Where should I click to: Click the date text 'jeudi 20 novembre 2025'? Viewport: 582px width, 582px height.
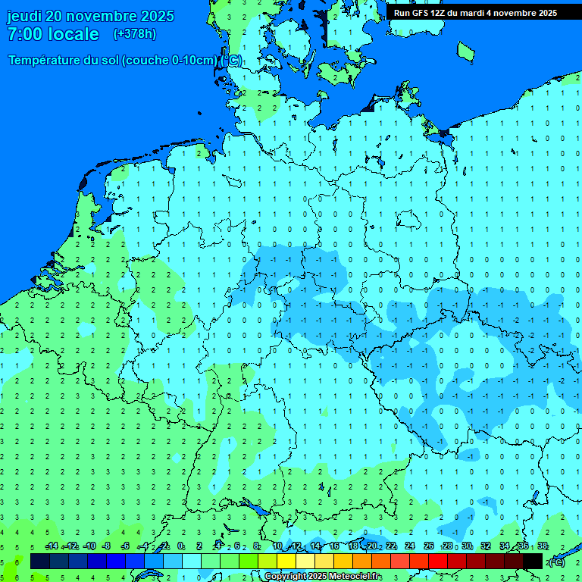(x=90, y=16)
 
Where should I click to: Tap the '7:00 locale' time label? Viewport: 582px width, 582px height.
(x=53, y=34)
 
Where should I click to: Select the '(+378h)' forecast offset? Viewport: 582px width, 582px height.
(x=135, y=34)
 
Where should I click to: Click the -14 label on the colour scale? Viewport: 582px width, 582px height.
(x=52, y=546)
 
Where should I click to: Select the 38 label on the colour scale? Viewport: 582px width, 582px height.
(x=542, y=546)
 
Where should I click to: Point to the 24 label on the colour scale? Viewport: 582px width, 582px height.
(x=410, y=546)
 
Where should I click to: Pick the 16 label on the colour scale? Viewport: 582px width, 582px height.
(x=334, y=546)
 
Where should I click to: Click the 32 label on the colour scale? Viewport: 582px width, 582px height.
(x=486, y=546)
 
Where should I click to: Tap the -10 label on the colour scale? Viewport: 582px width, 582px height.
(x=89, y=546)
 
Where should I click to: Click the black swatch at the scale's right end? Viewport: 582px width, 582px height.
(x=533, y=562)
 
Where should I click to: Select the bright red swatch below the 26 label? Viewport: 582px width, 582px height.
(x=438, y=562)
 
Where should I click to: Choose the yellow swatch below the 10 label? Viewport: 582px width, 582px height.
(x=286, y=562)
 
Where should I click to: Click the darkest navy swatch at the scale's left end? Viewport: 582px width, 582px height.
(x=40, y=562)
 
